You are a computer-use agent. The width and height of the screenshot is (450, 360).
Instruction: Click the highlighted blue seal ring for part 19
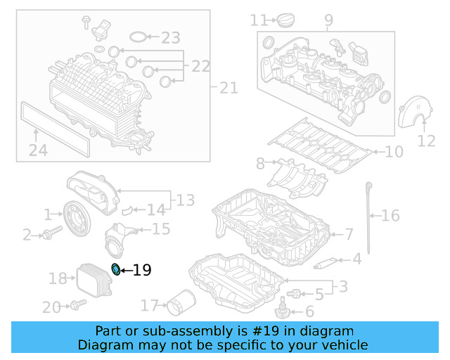click(116, 268)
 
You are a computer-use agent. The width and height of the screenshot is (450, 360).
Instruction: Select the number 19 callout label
click(142, 270)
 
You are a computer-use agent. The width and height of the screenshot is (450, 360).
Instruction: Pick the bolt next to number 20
click(77, 304)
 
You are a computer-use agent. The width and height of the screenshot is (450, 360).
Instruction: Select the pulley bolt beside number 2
click(48, 235)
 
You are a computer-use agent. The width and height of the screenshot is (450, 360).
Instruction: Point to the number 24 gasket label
click(37, 150)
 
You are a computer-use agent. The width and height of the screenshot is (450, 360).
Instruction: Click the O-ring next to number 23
click(141, 37)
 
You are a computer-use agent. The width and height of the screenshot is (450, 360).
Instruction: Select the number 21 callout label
click(229, 88)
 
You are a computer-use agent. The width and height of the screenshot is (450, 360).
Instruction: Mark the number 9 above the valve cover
click(328, 20)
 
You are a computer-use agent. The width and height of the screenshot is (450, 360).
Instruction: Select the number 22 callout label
click(200, 66)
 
